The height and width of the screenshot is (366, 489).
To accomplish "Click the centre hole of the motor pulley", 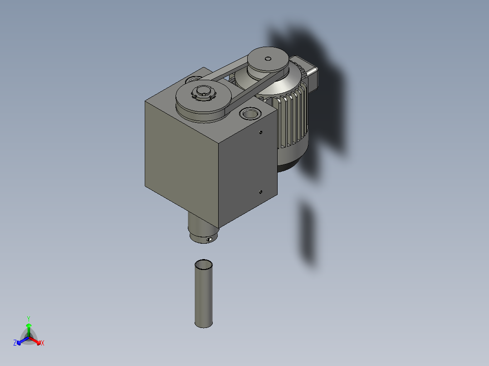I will tap(268, 58).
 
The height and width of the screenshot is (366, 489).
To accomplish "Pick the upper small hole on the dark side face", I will tap(261, 132).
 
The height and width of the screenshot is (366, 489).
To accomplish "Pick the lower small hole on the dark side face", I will tap(260, 192).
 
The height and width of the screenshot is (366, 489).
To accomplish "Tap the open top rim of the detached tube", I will tap(204, 264).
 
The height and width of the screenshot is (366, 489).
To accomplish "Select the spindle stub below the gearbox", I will tap(200, 229).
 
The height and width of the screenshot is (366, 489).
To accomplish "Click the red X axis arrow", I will tap(37, 340).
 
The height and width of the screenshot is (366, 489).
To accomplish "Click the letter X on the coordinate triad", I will tap(43, 343).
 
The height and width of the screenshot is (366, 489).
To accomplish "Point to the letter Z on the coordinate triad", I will tap(15, 343).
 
